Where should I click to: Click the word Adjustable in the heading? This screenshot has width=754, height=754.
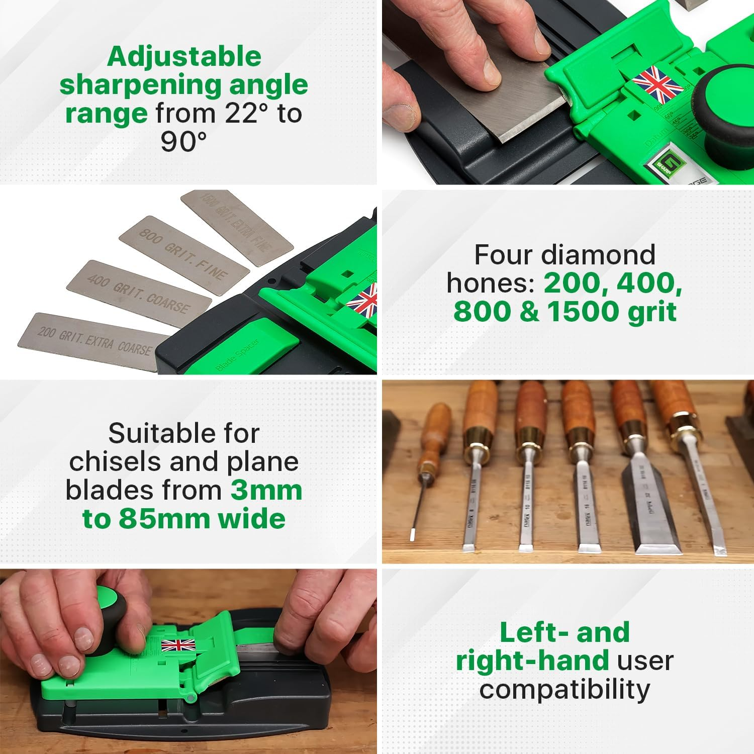pyautogui.click(x=184, y=56)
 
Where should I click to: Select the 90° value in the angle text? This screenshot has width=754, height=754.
pyautogui.click(x=183, y=142)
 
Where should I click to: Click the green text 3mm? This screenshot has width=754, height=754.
pyautogui.click(x=266, y=490)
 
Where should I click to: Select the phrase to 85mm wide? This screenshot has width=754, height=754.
pyautogui.click(x=184, y=519)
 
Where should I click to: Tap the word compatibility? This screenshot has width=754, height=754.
pyautogui.click(x=564, y=689)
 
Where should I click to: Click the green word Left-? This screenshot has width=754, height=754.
pyautogui.click(x=533, y=632)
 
